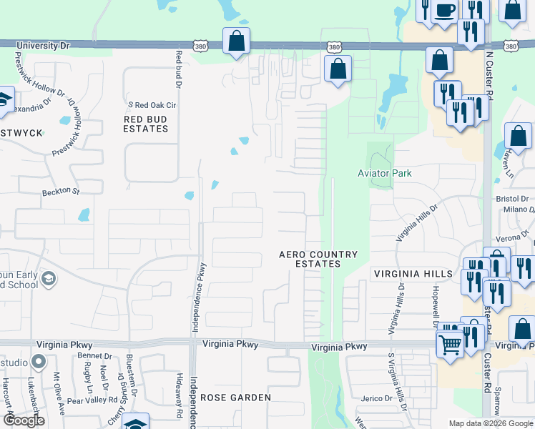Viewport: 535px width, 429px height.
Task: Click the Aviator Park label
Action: point(385,173)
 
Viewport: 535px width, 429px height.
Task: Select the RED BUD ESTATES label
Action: point(146,124)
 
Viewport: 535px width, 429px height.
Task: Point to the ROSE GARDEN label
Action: point(235,398)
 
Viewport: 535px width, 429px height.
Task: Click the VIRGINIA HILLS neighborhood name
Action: point(413,274)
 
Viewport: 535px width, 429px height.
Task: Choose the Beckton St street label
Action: point(61,191)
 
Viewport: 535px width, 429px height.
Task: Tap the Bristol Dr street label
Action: point(513,198)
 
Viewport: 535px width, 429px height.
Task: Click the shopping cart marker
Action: point(451,344)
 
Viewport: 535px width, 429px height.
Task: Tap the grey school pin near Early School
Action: point(49,279)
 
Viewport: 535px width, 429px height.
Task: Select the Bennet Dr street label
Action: point(94,356)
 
